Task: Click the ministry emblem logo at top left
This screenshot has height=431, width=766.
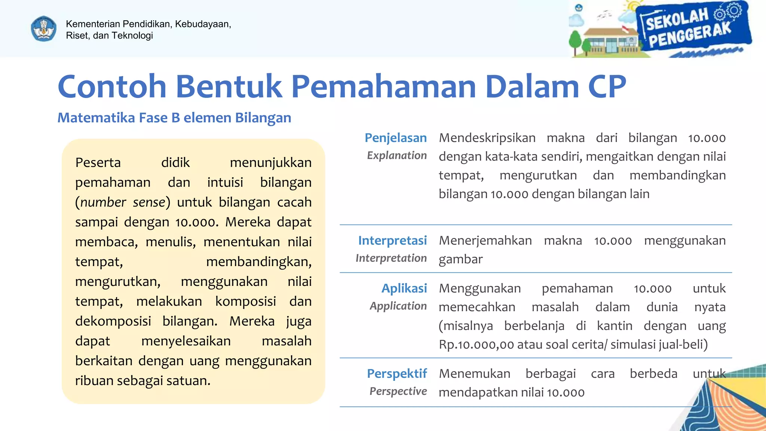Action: coord(44,29)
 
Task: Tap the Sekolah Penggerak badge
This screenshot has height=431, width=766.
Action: coord(692,28)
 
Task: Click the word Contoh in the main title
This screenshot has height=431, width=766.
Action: coord(111,86)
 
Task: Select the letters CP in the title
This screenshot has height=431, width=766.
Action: coord(607,86)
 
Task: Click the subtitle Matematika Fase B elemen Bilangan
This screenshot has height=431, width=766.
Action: coord(174,118)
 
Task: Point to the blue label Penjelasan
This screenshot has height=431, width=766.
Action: coord(395,138)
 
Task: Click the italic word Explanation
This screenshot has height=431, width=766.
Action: coord(396,156)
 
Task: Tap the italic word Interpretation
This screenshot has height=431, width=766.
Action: coord(391,258)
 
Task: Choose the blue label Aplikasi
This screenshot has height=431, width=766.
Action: coord(404,288)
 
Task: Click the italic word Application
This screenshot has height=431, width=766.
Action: coord(398,306)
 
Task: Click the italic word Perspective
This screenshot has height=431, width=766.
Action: coord(398,391)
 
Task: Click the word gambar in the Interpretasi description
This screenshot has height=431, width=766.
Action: coord(460,259)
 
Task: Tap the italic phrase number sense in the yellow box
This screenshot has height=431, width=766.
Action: coord(123,202)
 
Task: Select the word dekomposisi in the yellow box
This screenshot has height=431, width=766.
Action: coord(113,321)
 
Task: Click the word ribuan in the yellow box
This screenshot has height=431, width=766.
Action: coord(94,381)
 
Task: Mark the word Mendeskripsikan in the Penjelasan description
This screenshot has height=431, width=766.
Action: coord(487,138)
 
